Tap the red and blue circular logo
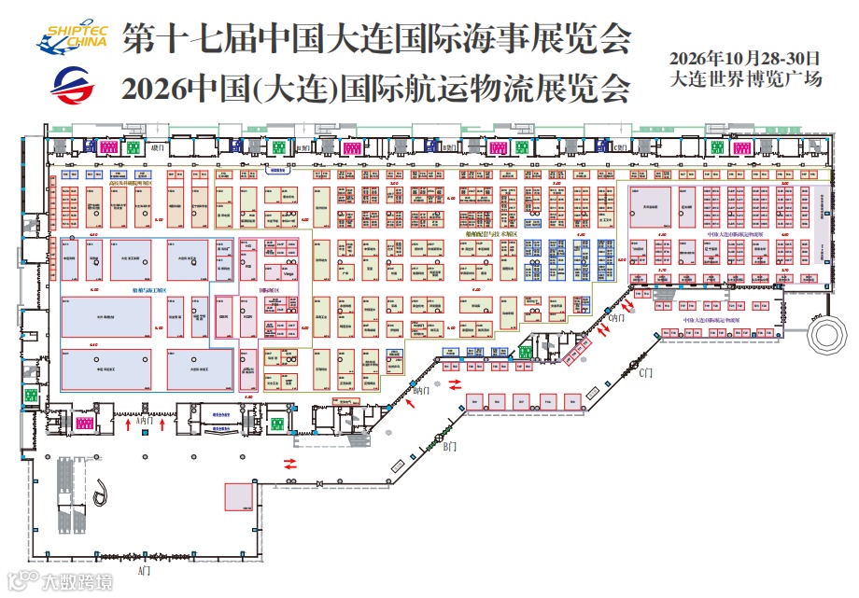click(x=73, y=87)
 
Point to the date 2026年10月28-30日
click(x=746, y=59)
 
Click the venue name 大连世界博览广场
click(x=746, y=79)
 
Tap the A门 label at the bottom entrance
click(x=144, y=569)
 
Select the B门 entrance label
click(x=450, y=448)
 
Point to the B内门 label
click(x=422, y=392)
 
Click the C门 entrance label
click(x=645, y=374)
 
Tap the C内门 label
click(x=616, y=318)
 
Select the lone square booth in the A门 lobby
click(x=236, y=497)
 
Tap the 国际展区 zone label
click(x=271, y=290)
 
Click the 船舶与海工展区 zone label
click(x=150, y=290)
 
